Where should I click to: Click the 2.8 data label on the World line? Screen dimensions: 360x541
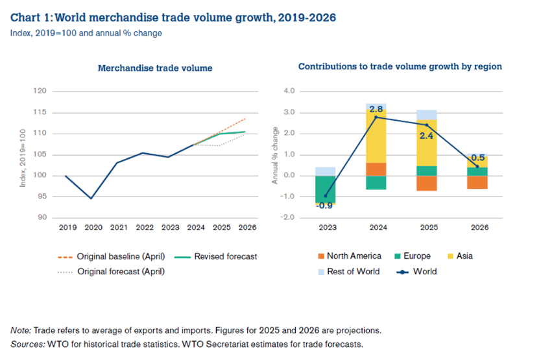pos(376,110)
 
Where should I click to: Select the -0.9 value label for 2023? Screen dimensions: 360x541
pos(325,207)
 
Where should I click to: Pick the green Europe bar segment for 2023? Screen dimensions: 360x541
pos(325,189)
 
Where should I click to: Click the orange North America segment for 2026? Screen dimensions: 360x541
pos(477,182)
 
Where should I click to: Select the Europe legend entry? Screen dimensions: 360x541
pos(416,256)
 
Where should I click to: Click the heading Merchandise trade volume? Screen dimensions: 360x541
pos(155,68)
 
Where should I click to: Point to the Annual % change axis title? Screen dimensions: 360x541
pos(275,155)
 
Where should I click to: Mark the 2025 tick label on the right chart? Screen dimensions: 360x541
pos(427,228)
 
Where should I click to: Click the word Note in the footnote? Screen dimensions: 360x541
pos(20,330)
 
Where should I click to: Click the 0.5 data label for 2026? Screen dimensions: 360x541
pos(478,158)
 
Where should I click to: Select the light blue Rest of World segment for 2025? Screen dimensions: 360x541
pos(427,115)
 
